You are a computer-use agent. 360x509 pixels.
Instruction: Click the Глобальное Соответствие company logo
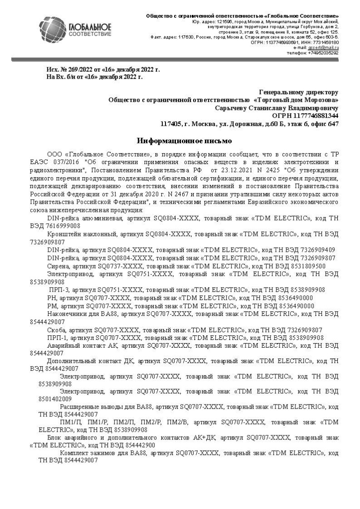click(75, 30)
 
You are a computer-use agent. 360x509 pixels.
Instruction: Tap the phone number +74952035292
click(323, 53)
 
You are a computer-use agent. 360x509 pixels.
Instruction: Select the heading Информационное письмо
click(185, 141)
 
